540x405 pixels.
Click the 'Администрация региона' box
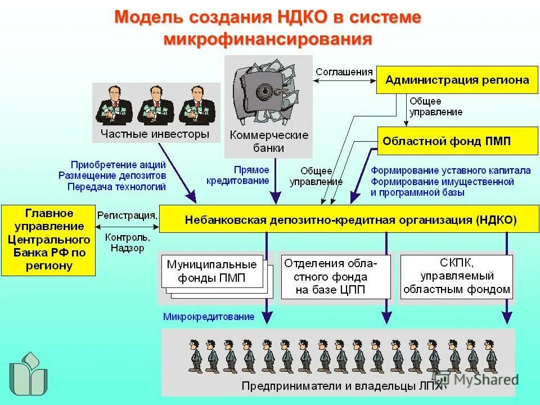457,80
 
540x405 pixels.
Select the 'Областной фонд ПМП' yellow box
457,141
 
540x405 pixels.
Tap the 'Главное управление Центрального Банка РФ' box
48,240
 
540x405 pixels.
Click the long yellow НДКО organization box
346,219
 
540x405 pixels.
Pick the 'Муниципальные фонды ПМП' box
211,272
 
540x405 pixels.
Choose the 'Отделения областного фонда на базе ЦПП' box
334,277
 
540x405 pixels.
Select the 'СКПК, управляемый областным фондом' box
456,276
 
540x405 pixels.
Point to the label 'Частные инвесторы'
155,134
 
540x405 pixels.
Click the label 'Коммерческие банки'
269,142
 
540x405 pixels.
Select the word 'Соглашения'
344,71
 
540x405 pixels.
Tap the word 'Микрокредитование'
209,317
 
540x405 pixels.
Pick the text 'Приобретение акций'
118,165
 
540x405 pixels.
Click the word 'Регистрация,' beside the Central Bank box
127,214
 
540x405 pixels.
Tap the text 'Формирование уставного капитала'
450,170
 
